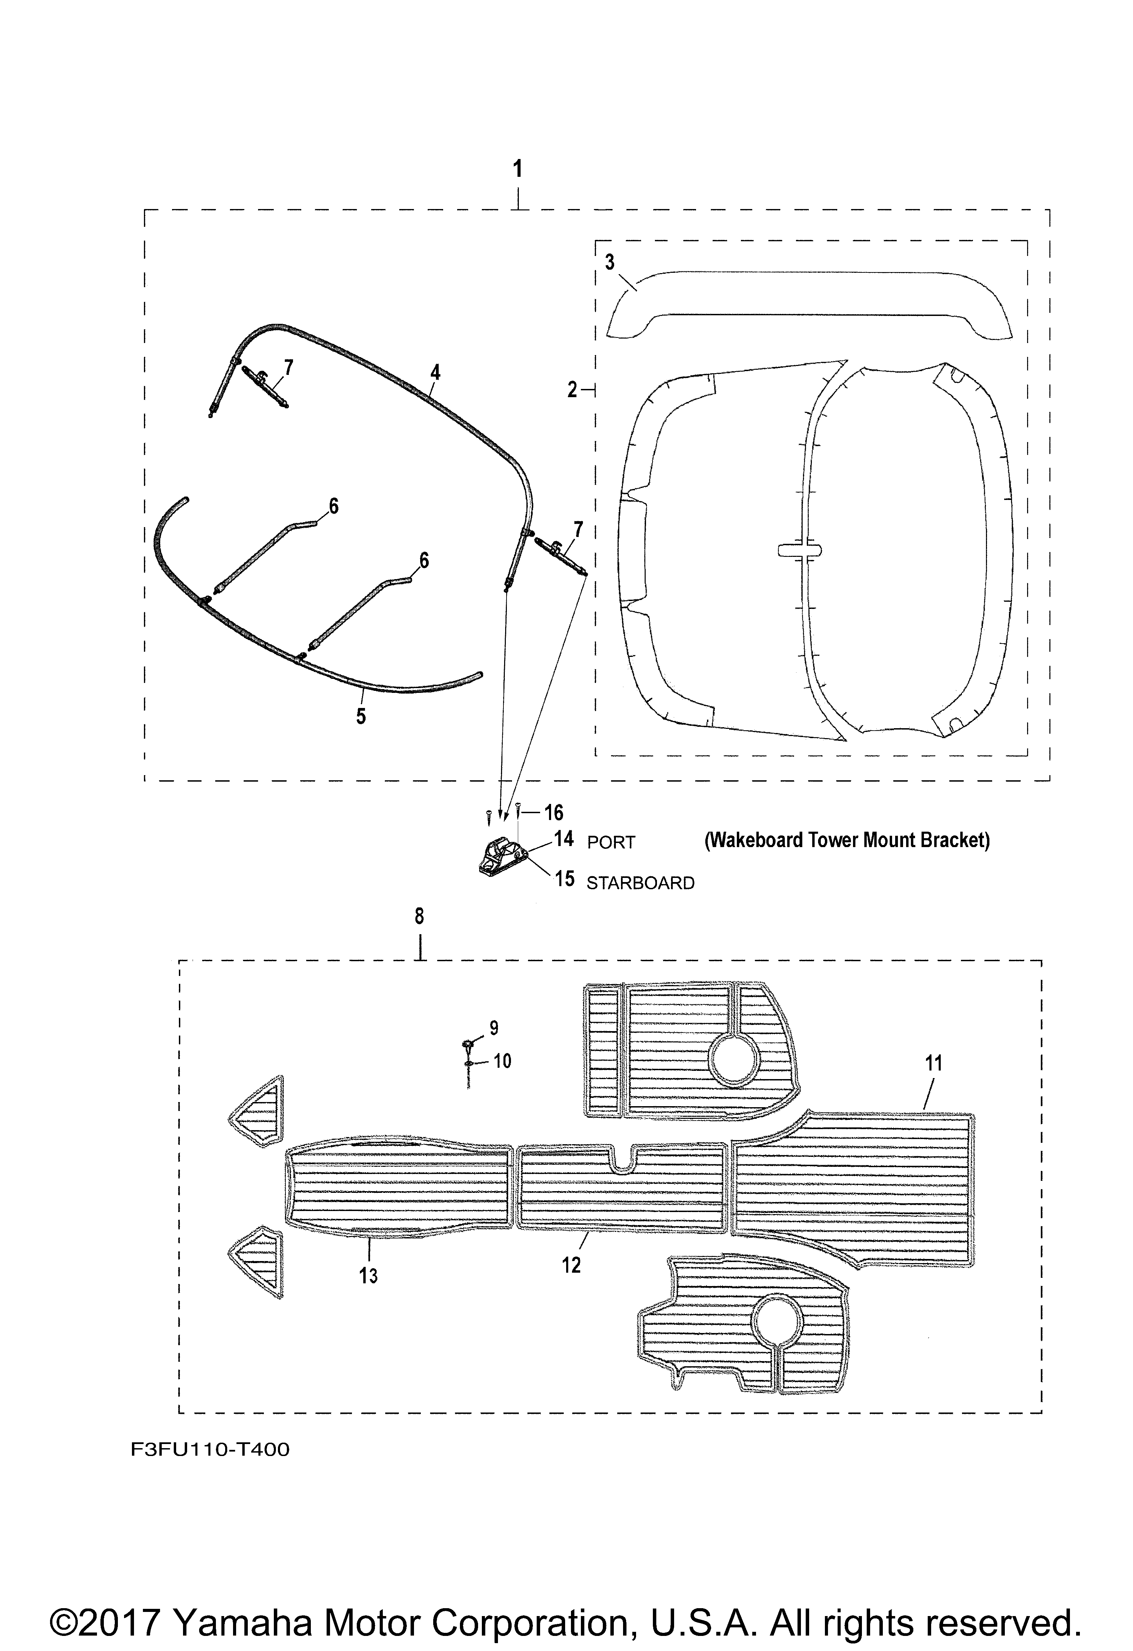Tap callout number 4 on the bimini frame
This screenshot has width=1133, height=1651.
pyautogui.click(x=435, y=371)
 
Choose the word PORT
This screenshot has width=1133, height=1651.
pyautogui.click(x=611, y=843)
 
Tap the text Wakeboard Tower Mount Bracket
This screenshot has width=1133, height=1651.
pyautogui.click(x=847, y=841)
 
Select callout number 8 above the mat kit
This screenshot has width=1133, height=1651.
pyautogui.click(x=419, y=916)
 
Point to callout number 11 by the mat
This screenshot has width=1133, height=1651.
pyautogui.click(x=934, y=1064)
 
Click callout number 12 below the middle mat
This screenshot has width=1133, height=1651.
pyautogui.click(x=571, y=1264)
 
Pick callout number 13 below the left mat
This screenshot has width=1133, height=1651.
pyautogui.click(x=368, y=1276)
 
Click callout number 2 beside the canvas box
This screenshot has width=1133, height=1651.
pyautogui.click(x=573, y=389)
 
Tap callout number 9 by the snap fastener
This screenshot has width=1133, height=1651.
pyautogui.click(x=494, y=1028)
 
